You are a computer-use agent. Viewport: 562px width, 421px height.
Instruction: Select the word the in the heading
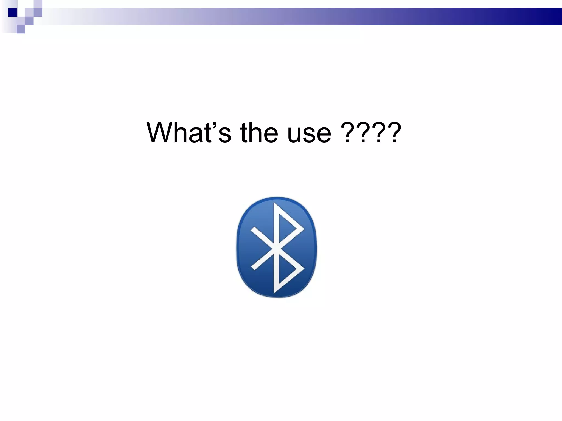[x=259, y=133]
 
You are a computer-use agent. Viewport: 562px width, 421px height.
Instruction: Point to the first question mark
[x=347, y=133]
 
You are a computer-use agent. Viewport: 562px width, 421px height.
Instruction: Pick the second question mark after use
[x=363, y=133]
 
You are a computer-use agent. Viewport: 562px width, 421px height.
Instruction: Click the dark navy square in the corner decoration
[x=12, y=13]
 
